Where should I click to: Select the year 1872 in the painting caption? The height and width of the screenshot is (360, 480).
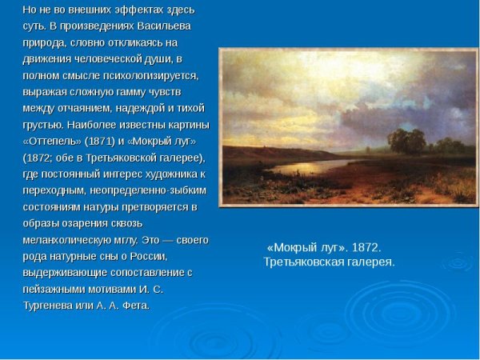coord(365,247)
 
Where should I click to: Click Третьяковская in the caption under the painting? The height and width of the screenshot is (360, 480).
coord(302,262)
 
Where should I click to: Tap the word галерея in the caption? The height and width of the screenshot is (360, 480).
coord(367,262)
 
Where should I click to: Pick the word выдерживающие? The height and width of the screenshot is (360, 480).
coord(61,272)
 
